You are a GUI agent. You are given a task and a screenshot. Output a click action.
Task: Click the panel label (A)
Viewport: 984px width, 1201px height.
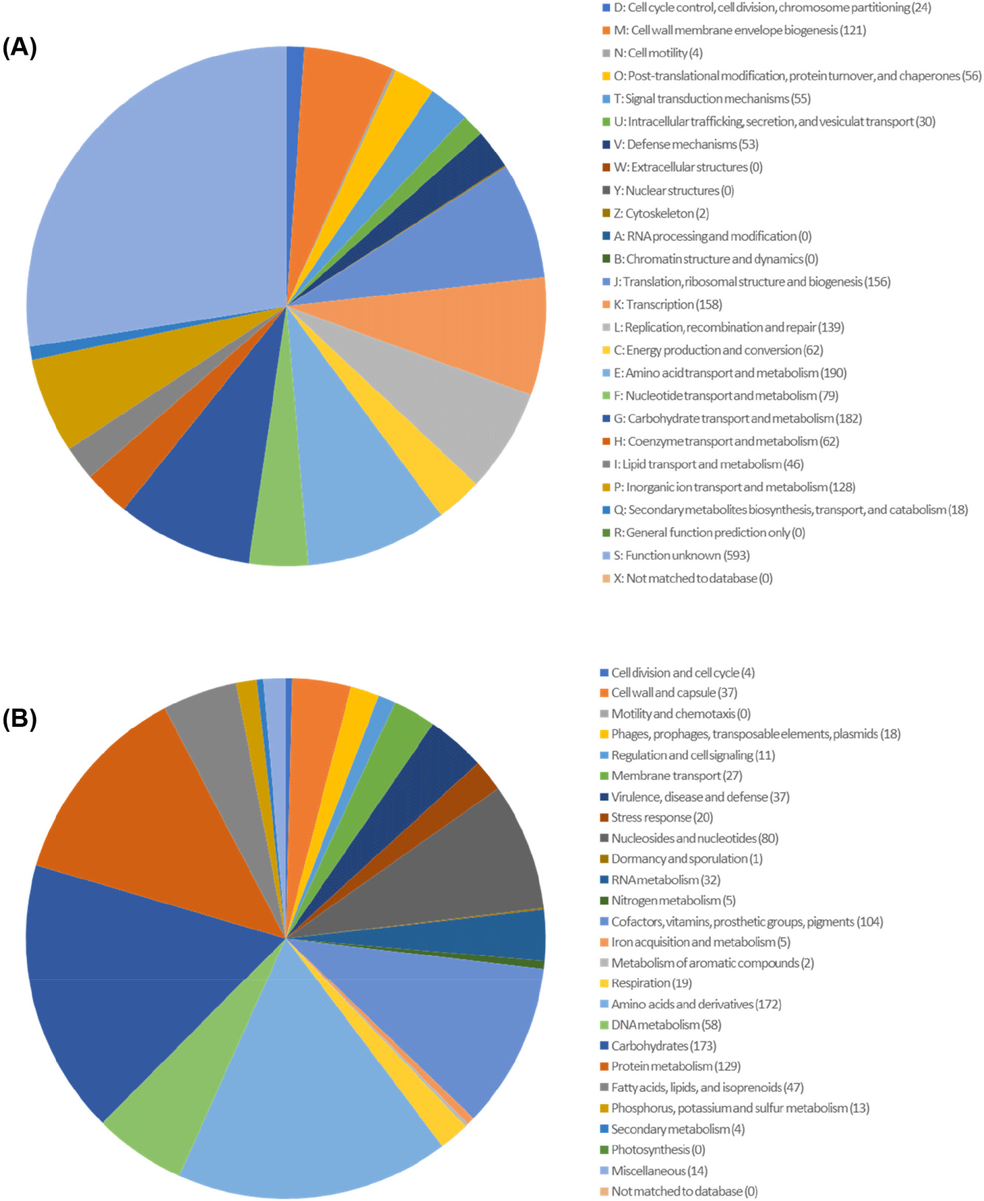pyautogui.click(x=19, y=47)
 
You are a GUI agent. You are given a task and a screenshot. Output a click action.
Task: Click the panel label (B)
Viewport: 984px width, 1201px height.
pyautogui.click(x=19, y=719)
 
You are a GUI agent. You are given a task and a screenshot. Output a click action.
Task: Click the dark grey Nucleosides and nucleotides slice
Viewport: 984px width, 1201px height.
pyautogui.click(x=471, y=866)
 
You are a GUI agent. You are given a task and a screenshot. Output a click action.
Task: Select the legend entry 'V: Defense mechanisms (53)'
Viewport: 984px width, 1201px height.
pyautogui.click(x=685, y=145)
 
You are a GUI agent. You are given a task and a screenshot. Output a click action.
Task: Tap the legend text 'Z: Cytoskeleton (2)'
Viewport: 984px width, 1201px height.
pyautogui.click(x=660, y=213)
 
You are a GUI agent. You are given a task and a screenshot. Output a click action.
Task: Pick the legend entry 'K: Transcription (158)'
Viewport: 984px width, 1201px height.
pyautogui.click(x=667, y=305)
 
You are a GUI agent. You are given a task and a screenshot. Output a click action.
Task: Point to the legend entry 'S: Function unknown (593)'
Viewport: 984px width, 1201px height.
pyautogui.click(x=681, y=556)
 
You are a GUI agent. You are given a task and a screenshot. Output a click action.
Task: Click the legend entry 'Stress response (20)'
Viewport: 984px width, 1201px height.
pyautogui.click(x=661, y=818)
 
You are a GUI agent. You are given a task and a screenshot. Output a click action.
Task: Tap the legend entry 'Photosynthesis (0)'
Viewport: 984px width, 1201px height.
pyautogui.click(x=658, y=1150)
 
